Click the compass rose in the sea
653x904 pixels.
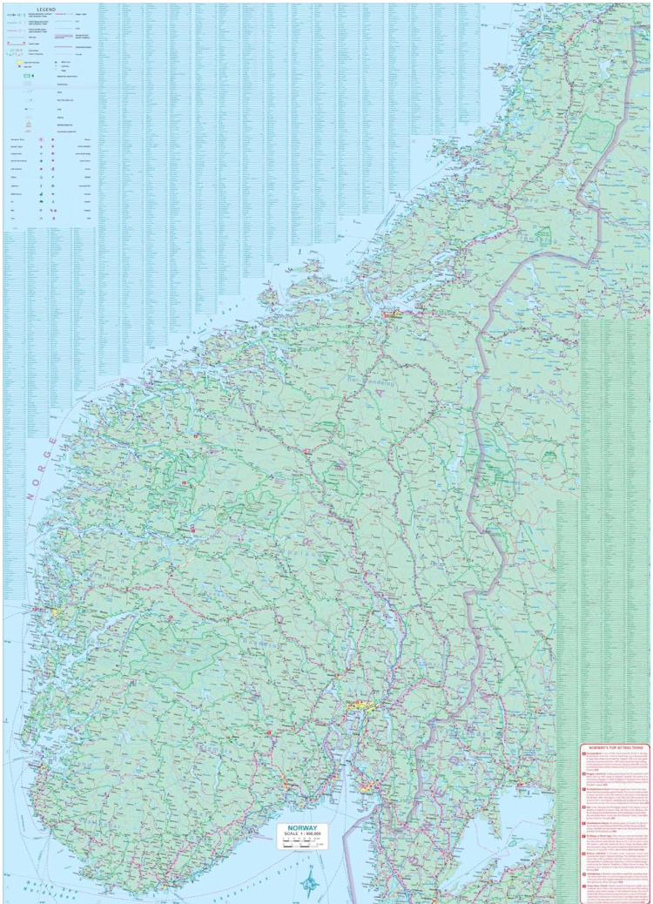tap(310, 881)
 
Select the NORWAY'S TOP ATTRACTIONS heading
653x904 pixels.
tap(616, 748)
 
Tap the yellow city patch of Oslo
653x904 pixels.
tap(357, 707)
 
